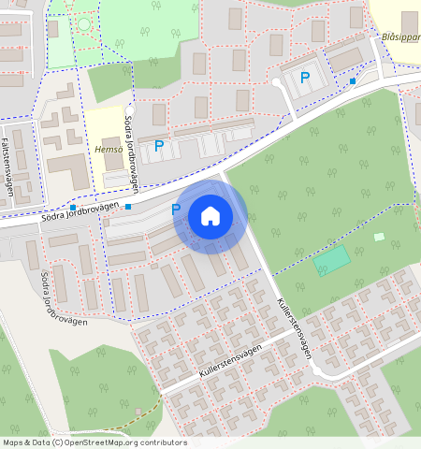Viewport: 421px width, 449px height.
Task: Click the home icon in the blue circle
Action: [210, 217]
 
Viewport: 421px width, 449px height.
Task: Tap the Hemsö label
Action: [109, 149]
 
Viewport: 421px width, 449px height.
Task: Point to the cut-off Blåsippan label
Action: [401, 36]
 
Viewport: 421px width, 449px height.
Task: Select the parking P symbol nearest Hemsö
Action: [159, 146]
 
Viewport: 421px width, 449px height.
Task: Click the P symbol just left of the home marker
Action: [175, 210]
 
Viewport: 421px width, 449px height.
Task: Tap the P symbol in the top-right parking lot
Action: [305, 79]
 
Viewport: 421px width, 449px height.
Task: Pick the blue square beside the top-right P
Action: [352, 81]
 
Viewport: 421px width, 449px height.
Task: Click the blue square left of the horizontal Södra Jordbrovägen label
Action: [72, 207]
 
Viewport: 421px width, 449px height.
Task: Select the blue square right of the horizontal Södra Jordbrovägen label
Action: [128, 206]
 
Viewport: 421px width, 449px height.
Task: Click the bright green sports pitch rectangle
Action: [333, 261]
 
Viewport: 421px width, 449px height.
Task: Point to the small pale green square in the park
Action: [379, 237]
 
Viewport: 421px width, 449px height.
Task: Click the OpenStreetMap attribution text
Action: [94, 442]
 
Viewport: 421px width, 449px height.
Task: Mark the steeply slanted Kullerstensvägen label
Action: [293, 326]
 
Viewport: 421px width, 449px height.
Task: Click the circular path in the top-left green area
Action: [84, 23]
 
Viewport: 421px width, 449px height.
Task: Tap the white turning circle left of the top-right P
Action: [277, 82]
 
